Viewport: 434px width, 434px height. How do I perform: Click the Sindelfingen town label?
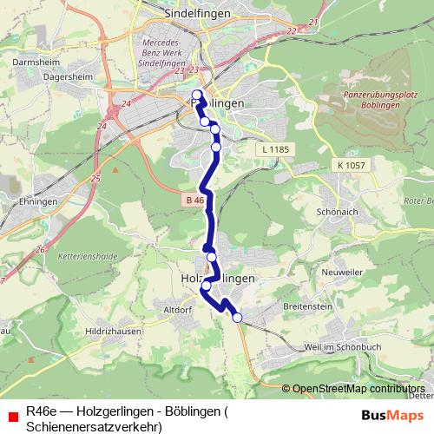coord(197,14)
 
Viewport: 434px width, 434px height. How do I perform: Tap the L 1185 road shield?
coord(273,150)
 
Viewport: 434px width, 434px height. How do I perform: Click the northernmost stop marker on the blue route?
coord(196,95)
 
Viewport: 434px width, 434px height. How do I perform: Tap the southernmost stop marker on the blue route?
coord(237,319)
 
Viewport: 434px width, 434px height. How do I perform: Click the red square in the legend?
coord(12,415)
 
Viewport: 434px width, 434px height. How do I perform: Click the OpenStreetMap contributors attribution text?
coord(358,389)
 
